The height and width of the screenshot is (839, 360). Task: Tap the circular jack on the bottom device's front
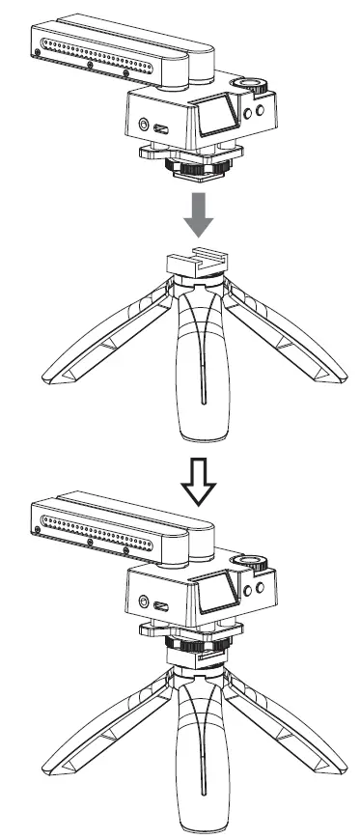point(145,601)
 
